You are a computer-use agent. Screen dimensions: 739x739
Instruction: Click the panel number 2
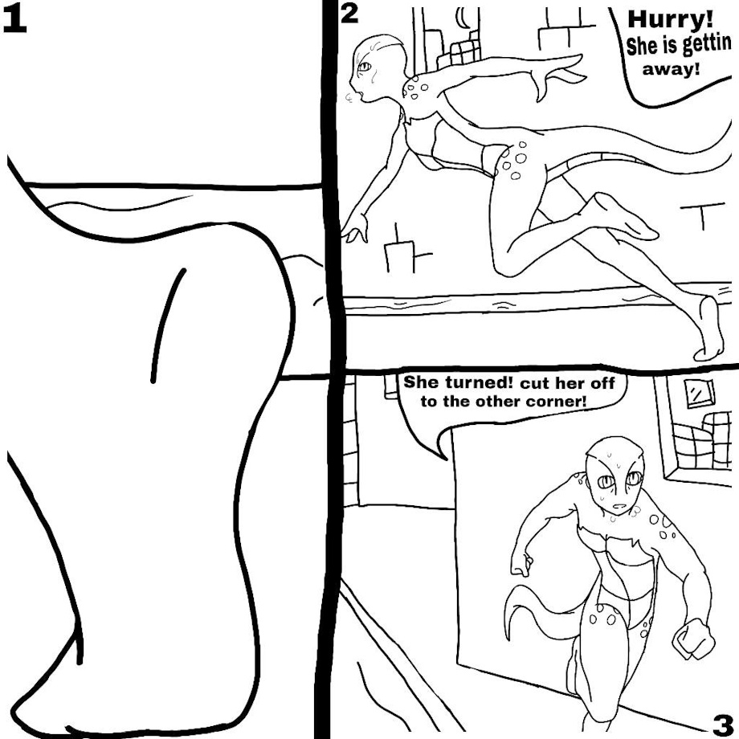pos(349,14)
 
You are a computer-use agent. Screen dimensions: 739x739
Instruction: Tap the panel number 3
pos(722,725)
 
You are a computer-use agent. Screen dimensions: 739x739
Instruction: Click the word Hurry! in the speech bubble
pos(670,20)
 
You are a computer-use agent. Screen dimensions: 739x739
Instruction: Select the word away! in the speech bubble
pos(671,69)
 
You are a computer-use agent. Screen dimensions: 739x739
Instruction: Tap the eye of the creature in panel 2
pos(365,67)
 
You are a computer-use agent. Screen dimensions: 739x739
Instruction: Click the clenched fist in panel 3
pos(692,639)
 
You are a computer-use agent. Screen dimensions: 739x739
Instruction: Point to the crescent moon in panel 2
pos(460,18)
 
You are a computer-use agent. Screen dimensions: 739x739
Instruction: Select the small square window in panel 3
pos(699,393)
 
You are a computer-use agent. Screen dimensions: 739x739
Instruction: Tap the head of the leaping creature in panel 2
pos(376,68)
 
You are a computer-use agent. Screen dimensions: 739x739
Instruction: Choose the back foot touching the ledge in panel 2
pos(710,330)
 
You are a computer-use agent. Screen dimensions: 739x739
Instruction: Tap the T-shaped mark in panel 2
pos(702,215)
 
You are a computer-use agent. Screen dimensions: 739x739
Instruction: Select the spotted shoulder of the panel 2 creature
pos(417,88)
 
